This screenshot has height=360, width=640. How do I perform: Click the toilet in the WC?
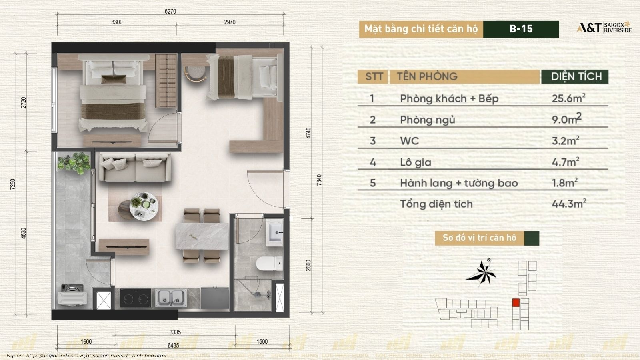click(x=269, y=264)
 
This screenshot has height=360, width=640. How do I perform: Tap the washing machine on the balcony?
click(x=72, y=296)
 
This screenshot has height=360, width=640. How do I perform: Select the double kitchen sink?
click(x=171, y=298)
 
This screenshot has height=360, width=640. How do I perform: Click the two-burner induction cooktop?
click(x=136, y=298)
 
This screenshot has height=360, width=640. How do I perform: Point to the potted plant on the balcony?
click(x=74, y=163)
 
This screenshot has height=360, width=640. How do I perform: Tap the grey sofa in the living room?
click(x=135, y=168)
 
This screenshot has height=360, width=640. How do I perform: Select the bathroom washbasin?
click(x=274, y=232)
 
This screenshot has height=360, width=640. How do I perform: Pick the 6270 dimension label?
click(x=170, y=12)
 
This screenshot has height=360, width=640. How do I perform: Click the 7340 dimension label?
click(x=320, y=180)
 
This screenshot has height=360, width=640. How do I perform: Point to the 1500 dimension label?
click(x=262, y=342)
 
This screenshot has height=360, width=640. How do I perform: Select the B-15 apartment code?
click(x=521, y=29)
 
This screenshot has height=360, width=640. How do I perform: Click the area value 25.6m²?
click(x=568, y=98)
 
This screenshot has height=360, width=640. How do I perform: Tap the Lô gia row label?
click(x=416, y=162)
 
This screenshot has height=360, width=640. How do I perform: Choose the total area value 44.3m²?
click(x=569, y=204)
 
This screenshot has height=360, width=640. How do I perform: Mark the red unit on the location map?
click(x=516, y=302)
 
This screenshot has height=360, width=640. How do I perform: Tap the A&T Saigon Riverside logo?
click(x=604, y=28)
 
